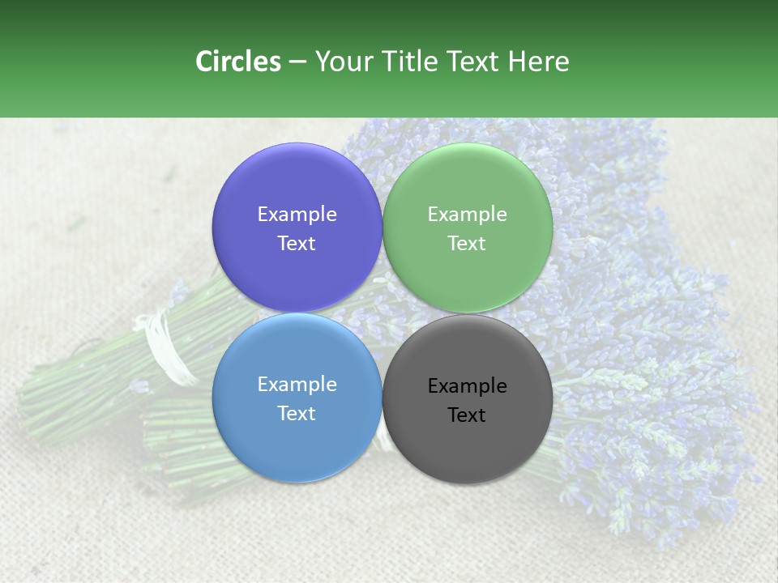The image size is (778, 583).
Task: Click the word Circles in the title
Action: coord(237,62)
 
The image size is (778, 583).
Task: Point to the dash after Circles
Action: coord(297,62)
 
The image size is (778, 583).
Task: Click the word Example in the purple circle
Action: coord(297,214)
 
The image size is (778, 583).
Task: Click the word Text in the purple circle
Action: coord(297,243)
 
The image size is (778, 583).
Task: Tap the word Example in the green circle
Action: coord(467,214)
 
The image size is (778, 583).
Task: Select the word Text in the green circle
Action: coord(467,243)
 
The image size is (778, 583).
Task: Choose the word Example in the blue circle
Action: coord(297,384)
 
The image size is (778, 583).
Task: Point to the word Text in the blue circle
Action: coord(297,413)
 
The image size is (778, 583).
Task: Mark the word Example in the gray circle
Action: coord(467,385)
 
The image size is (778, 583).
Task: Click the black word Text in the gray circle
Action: coord(467,415)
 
